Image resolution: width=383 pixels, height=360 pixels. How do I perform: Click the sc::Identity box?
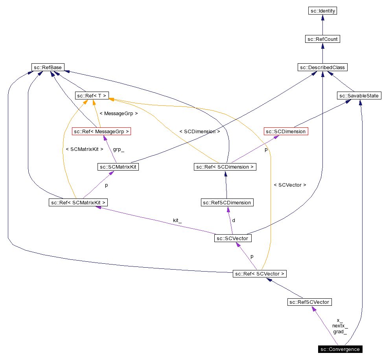point(322,11)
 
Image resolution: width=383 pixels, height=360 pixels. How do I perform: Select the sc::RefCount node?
point(322,39)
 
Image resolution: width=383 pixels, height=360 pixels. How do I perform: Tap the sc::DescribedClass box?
point(322,67)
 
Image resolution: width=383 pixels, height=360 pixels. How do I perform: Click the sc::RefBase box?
point(48,67)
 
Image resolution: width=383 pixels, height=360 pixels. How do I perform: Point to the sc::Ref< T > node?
point(92,96)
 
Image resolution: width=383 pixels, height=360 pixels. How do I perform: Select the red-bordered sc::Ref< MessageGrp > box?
point(101,131)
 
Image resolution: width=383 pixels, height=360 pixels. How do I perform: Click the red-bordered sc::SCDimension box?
point(285,131)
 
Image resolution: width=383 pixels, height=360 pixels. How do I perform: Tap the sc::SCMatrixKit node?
point(118,167)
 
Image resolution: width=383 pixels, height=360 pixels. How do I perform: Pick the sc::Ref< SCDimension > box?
point(225,167)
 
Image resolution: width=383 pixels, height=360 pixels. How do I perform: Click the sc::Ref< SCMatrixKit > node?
point(78,202)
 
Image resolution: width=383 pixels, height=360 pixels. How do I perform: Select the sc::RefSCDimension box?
point(226,202)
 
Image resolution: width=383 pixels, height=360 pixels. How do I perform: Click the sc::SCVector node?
point(233,238)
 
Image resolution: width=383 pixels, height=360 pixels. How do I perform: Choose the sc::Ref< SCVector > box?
point(260,274)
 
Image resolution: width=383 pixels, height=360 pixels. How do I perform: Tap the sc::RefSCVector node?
point(309,302)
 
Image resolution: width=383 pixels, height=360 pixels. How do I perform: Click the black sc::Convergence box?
point(340,349)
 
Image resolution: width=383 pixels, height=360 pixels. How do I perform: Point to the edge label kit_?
point(177,220)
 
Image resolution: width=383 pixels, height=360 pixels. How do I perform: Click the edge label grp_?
point(118,149)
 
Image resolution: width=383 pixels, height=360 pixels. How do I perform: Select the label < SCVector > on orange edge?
point(289,185)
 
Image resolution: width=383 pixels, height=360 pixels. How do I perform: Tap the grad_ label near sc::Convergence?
point(340,332)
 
